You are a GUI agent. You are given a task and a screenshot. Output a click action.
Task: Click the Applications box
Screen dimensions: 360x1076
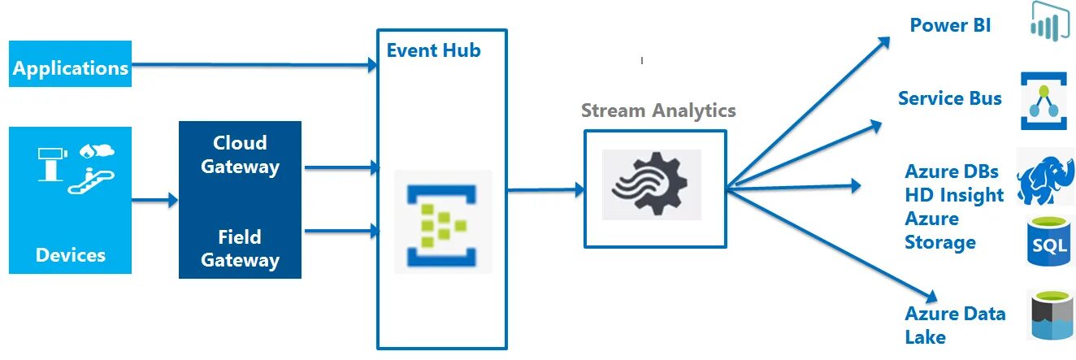click(x=71, y=64)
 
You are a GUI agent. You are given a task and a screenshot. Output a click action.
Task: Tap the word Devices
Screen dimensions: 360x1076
click(x=71, y=256)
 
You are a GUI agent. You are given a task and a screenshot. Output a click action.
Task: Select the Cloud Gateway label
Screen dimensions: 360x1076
click(x=240, y=154)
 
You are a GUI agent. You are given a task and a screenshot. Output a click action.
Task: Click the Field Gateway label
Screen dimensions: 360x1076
click(x=240, y=248)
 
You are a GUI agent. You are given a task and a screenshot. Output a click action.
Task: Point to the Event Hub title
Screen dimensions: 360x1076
click(x=433, y=50)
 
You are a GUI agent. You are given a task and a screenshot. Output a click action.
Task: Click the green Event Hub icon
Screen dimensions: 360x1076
click(x=443, y=221)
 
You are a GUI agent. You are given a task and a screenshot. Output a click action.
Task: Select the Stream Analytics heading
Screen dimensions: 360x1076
click(x=658, y=111)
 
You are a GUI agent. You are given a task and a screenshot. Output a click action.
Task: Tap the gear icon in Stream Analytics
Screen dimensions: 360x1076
click(x=652, y=184)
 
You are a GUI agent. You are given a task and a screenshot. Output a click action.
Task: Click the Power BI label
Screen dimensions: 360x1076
click(x=950, y=25)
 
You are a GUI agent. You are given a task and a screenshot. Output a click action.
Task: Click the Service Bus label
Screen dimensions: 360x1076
click(x=949, y=98)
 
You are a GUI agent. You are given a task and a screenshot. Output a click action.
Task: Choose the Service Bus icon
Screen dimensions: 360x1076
click(x=1043, y=101)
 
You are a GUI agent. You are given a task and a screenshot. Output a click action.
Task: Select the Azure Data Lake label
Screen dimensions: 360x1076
click(x=954, y=325)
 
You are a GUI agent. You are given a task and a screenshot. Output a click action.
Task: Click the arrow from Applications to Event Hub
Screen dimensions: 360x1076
click(x=252, y=63)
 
